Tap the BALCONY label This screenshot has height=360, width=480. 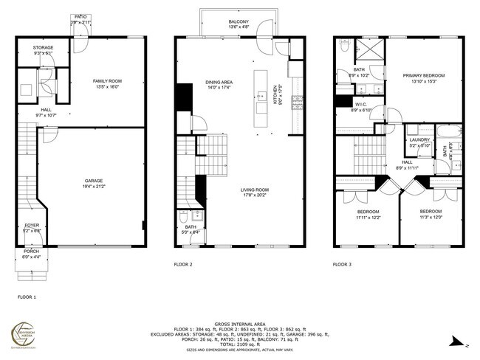tap(238, 22)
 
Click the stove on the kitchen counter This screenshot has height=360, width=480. tap(293, 103)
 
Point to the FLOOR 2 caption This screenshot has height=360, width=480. tap(183, 263)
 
